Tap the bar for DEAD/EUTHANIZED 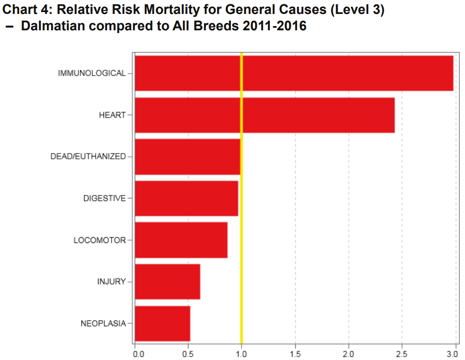pos(188,156)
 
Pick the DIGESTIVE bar pos(187,198)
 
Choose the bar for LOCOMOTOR pos(181,240)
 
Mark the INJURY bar pos(167,282)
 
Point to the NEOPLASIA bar pos(163,323)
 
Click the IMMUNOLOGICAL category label pos(91,73)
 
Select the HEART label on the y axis pos(112,115)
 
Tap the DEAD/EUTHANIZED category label pos(88,156)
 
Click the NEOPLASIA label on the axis pos(103,323)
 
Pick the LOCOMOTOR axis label pos(100,240)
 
